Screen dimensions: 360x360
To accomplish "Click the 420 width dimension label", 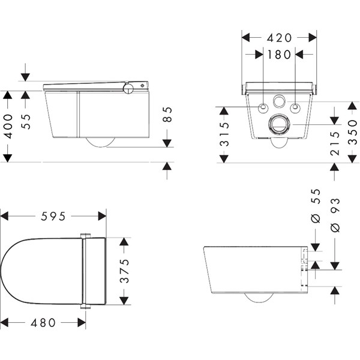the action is point(279,38).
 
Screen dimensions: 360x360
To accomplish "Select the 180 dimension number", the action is point(279,55).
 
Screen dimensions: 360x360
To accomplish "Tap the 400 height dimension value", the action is point(8,126).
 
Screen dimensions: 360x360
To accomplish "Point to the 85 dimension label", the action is point(167,115).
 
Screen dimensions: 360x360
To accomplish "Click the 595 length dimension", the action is point(53,216).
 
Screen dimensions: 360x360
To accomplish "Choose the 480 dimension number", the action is point(43,323).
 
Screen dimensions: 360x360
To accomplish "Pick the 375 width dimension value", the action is point(125,271).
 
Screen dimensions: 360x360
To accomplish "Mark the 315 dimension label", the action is point(224,134).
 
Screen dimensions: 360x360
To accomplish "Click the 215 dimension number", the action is point(335,143).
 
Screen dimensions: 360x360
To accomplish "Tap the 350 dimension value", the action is point(353,133).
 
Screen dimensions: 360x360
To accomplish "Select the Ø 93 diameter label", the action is point(335,215).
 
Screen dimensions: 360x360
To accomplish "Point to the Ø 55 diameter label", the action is point(316,206).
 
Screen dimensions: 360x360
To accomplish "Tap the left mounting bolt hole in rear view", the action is point(263,107).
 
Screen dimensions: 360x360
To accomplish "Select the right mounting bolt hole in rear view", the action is point(295,107).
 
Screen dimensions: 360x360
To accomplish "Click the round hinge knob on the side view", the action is point(128,88).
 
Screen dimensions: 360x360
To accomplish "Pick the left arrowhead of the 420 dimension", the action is point(245,38).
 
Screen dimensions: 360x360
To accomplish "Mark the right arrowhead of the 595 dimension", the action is point(102,216).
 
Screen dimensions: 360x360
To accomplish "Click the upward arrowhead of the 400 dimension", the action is point(7,95).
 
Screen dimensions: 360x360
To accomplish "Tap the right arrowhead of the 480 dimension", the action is point(82,323).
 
